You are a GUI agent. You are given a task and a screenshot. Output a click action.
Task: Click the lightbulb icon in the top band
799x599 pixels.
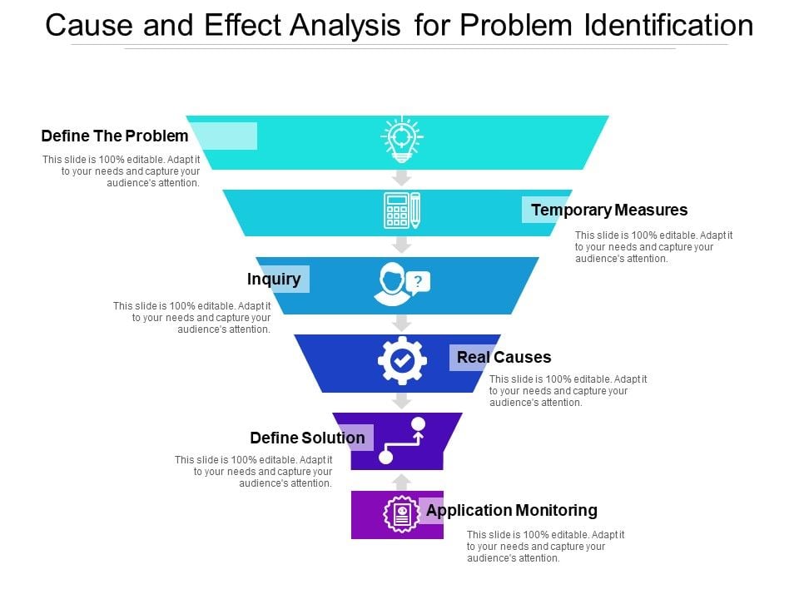click(401, 138)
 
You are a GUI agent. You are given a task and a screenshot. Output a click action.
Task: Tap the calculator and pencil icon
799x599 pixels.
click(401, 210)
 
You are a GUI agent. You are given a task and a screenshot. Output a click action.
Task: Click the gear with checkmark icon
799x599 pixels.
click(402, 360)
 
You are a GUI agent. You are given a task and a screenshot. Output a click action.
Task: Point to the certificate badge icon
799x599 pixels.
click(401, 513)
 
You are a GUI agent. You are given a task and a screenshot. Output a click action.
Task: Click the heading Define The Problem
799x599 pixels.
click(115, 136)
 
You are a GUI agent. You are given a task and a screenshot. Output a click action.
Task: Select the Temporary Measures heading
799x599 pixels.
click(609, 210)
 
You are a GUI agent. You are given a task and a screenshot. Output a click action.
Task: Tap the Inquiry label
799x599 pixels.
click(274, 279)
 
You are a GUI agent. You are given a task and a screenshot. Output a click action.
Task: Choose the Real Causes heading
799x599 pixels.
click(504, 358)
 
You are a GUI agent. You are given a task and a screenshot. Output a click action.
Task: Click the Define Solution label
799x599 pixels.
click(307, 438)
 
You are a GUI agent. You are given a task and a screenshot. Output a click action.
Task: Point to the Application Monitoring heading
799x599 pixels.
click(511, 510)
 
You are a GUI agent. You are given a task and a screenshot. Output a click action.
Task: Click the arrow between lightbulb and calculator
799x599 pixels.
click(402, 178)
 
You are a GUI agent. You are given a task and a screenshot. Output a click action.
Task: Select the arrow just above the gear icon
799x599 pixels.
click(402, 324)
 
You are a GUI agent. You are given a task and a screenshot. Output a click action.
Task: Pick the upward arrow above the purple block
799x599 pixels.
click(402, 482)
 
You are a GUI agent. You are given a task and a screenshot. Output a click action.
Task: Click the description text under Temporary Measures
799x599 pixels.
click(653, 247)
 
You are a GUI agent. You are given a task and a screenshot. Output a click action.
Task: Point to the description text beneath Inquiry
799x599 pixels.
click(192, 317)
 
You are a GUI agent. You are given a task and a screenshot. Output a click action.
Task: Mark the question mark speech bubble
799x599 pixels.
click(419, 281)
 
